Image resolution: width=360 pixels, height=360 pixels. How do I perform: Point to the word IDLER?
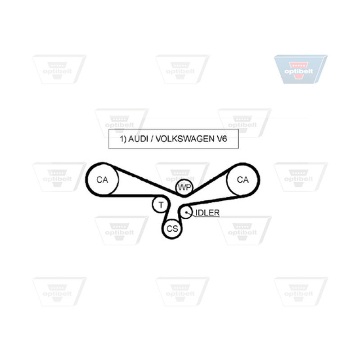tap(207, 213)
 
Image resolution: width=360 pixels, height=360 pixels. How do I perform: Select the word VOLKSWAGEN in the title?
tap(185, 139)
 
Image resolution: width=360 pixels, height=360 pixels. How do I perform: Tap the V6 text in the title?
tap(222, 139)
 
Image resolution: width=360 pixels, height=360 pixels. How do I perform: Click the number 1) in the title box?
tap(123, 139)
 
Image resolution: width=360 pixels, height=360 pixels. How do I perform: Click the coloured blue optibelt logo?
tap(301, 69)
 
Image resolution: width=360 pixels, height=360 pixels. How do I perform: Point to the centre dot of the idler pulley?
tap(186, 212)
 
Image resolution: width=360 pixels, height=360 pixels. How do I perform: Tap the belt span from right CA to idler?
tap(212, 200)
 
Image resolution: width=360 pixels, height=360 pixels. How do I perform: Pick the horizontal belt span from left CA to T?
tap(131, 196)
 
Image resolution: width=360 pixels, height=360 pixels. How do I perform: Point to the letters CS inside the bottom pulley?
tap(172, 229)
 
